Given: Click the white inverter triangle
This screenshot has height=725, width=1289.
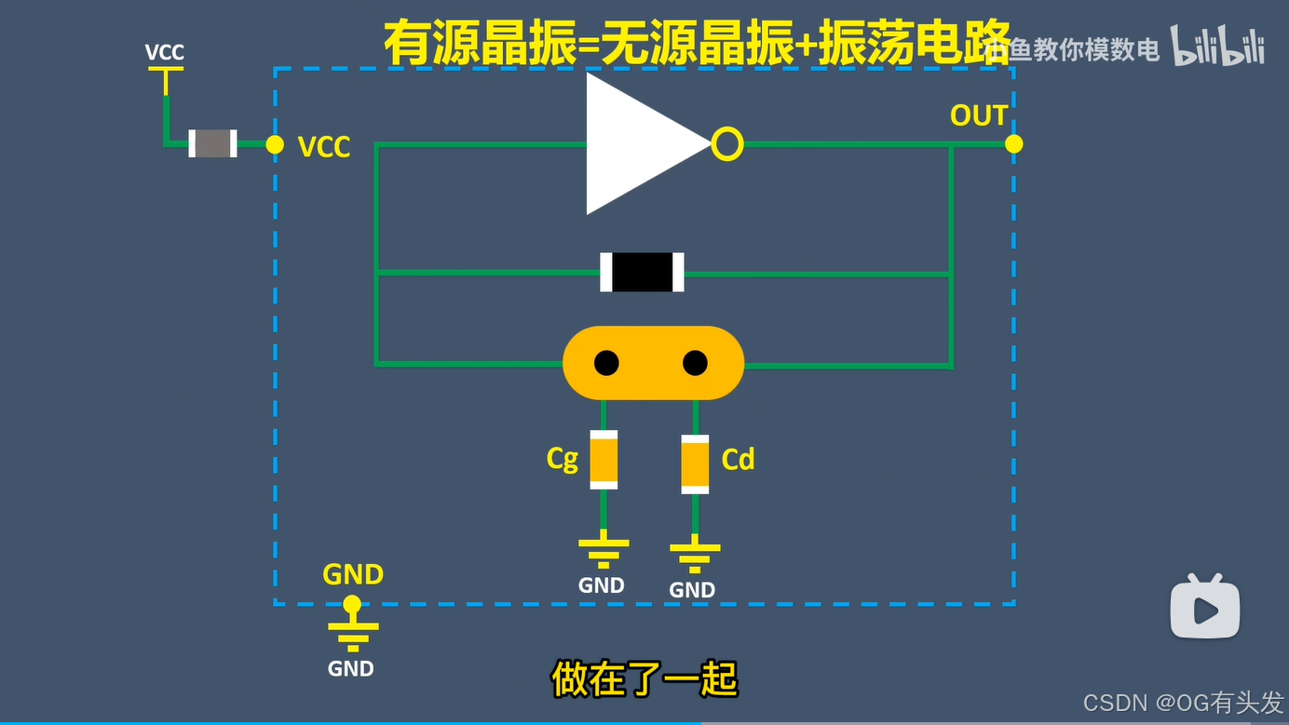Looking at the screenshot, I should [638, 144].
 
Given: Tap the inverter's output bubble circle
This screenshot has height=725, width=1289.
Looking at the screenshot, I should [727, 144].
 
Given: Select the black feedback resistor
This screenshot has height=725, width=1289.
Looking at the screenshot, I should [642, 272].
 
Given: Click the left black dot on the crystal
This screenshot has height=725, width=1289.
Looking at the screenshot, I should [606, 363].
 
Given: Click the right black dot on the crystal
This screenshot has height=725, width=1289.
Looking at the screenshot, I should [695, 363].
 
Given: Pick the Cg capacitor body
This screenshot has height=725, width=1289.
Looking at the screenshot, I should [604, 459].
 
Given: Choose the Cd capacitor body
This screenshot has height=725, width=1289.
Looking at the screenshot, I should [695, 463].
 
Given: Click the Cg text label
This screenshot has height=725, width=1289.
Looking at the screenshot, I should [563, 459].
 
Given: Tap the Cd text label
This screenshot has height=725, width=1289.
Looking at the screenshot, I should [738, 459].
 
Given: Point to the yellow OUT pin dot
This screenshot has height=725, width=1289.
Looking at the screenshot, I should [1014, 144].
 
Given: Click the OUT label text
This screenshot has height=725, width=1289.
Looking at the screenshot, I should [978, 115].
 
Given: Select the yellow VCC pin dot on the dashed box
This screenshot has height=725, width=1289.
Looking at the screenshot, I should [275, 144].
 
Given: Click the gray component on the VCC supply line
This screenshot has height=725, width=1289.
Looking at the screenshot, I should [212, 143].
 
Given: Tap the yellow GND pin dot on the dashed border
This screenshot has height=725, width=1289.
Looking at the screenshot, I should [352, 605].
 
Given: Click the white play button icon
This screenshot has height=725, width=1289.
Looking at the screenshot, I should [1205, 610].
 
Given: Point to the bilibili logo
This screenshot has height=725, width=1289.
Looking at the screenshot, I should [1217, 47].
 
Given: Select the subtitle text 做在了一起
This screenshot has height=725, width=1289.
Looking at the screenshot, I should [644, 679].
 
